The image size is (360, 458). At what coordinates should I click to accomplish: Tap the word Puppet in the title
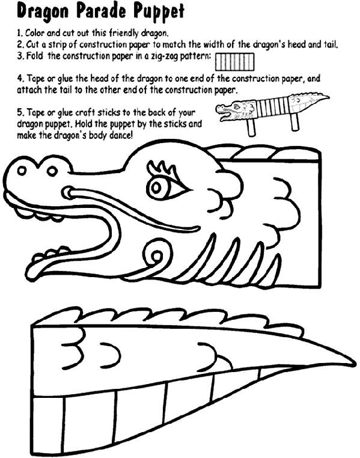point(156,11)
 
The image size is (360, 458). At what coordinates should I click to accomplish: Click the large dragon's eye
point(160,186)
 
